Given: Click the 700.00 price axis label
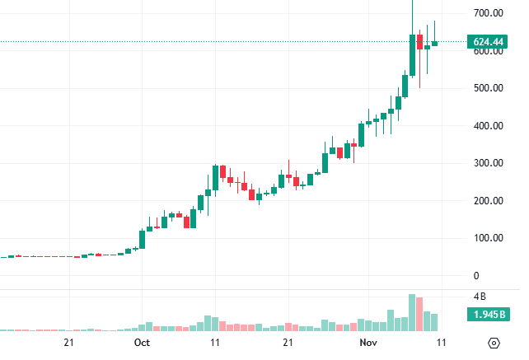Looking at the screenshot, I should point(489,13).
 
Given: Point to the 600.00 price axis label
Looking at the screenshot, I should point(489,51).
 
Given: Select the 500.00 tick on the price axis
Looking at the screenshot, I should point(489,88).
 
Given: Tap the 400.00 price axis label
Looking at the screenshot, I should point(489,126).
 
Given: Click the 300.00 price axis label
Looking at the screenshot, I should point(489,163).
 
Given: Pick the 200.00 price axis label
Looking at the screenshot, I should point(489,201).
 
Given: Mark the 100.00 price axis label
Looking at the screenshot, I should point(489,238).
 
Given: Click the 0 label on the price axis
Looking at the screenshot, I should point(476,276).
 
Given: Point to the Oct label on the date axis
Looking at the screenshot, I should point(142,342).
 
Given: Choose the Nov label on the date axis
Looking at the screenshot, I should point(368,342).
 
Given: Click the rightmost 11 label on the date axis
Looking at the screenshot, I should point(442,342).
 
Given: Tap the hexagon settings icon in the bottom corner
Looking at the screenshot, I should point(494,343).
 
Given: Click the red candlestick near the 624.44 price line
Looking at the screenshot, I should point(419,41).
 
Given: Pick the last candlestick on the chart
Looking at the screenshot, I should point(434,43).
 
